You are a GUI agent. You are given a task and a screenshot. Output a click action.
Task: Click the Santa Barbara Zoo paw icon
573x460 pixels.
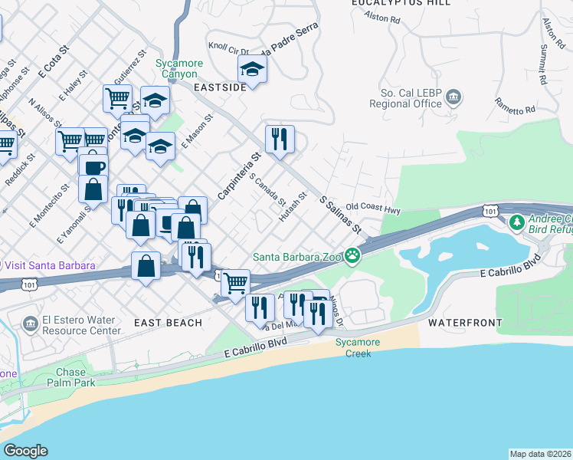[x=352, y=255]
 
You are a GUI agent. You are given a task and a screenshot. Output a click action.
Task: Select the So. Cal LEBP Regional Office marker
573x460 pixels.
[x=454, y=97]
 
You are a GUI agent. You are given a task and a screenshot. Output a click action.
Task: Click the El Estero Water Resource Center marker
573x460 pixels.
[x=31, y=324]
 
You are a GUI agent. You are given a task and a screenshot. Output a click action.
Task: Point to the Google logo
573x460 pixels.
[x=25, y=451]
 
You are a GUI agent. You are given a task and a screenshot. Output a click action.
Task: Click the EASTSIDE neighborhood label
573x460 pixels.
[x=220, y=87]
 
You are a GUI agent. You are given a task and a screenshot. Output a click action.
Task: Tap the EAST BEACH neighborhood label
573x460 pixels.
[x=168, y=323]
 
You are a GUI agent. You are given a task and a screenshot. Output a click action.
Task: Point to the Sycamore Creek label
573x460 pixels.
[x=352, y=349]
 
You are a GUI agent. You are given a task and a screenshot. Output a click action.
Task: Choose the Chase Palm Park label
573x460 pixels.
[x=70, y=377]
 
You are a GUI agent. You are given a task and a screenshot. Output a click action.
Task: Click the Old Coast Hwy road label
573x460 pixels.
[x=373, y=207]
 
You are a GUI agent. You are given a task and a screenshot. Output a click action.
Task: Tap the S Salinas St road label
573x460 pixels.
[x=340, y=214]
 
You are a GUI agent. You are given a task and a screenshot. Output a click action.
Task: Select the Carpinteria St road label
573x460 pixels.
[x=239, y=176]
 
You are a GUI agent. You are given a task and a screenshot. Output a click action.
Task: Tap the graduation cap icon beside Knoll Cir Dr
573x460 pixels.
[x=251, y=70]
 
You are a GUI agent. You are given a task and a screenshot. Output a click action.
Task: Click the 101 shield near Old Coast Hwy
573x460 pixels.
[x=490, y=209]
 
